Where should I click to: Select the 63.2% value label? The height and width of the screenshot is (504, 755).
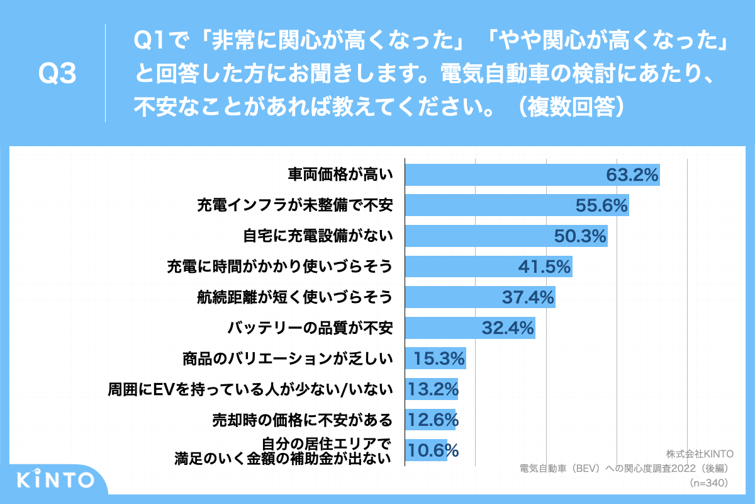click(x=632, y=175)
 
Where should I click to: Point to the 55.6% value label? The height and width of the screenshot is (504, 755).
click(x=602, y=205)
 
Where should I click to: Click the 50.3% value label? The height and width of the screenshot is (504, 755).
click(x=579, y=236)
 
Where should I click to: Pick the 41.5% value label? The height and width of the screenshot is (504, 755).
click(x=544, y=266)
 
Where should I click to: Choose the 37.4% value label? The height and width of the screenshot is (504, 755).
click(x=528, y=297)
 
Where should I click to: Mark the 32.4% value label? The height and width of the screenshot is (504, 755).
click(x=508, y=328)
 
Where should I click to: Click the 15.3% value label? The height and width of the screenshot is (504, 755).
click(x=439, y=359)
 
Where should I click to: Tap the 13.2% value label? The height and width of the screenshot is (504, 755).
click(x=432, y=389)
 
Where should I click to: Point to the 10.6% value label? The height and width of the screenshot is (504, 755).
click(x=432, y=450)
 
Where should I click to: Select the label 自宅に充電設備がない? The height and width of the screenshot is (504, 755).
click(x=318, y=236)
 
